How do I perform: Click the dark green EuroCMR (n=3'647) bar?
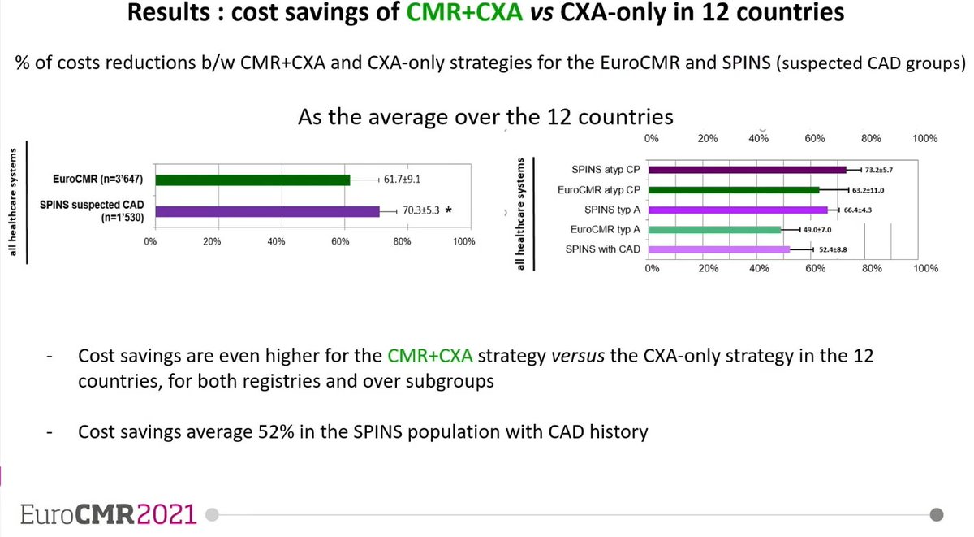click(x=252, y=180)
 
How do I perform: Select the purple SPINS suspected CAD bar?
click(x=267, y=212)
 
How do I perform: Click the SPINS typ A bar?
click(x=739, y=210)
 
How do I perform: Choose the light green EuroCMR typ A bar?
click(x=715, y=230)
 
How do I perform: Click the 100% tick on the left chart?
click(x=464, y=242)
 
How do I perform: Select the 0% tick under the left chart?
click(x=149, y=242)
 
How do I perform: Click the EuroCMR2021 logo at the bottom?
click(x=109, y=514)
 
